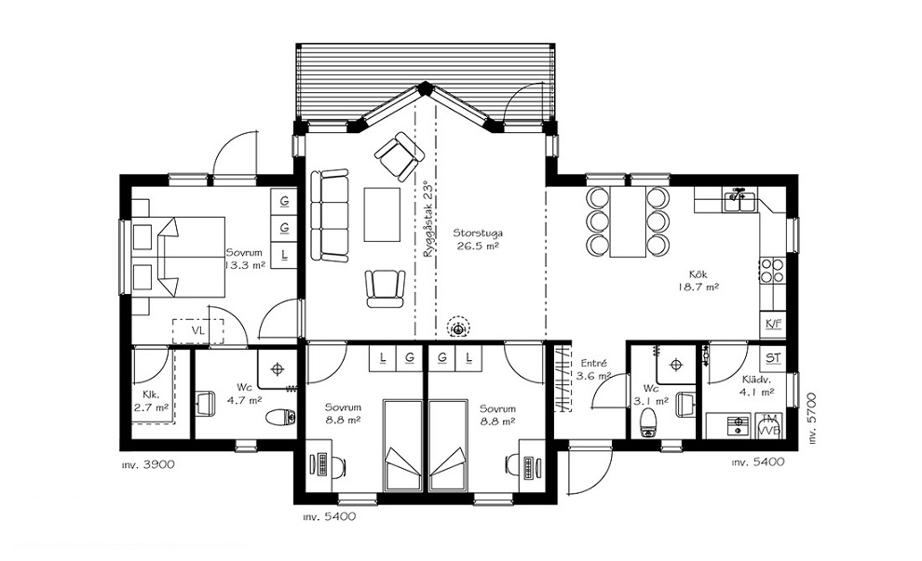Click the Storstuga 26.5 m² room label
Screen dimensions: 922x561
point(478,240)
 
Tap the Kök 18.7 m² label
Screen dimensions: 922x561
point(698,281)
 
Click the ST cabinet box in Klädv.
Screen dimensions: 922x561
point(773,357)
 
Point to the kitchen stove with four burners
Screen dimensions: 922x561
point(773,270)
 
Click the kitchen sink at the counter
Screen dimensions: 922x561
point(739,200)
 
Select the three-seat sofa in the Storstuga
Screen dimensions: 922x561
point(330,215)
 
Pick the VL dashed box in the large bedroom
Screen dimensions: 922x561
point(198,331)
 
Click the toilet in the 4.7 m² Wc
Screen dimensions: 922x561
point(281,417)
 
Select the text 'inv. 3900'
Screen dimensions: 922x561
point(148,464)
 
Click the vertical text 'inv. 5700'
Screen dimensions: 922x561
point(812,419)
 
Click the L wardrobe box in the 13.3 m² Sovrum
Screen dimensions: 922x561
point(284,255)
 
